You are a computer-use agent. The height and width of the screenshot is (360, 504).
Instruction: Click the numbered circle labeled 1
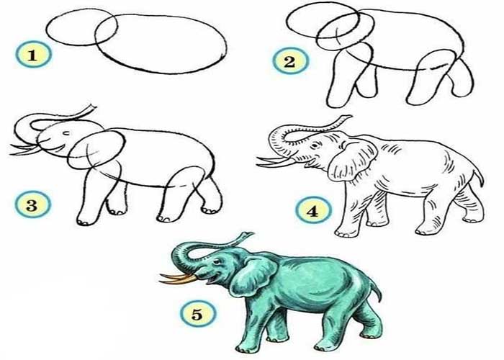pyautogui.click(x=33, y=54)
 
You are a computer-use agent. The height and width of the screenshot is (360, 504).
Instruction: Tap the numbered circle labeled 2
pyautogui.click(x=291, y=60)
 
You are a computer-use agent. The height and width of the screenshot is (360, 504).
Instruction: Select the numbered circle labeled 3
pyautogui.click(x=33, y=204)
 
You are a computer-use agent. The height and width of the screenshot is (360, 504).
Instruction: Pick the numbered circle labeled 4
pyautogui.click(x=313, y=210)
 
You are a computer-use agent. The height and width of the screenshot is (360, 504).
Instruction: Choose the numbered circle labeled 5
pyautogui.click(x=198, y=314)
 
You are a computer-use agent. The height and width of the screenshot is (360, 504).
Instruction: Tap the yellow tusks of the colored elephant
pyautogui.click(x=178, y=279)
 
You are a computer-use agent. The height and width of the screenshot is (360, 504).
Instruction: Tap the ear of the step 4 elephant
pyautogui.click(x=352, y=160)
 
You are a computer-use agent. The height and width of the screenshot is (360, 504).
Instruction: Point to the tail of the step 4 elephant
pyautogui.click(x=479, y=176)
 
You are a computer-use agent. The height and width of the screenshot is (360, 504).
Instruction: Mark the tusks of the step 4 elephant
pyautogui.click(x=277, y=161)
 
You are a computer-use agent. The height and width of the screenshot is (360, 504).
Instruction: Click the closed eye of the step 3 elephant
pyautogui.click(x=66, y=133)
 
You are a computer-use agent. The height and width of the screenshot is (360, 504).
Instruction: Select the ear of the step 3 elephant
pyautogui.click(x=96, y=149)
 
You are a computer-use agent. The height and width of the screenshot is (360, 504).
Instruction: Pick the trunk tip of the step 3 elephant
pyautogui.click(x=91, y=108)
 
